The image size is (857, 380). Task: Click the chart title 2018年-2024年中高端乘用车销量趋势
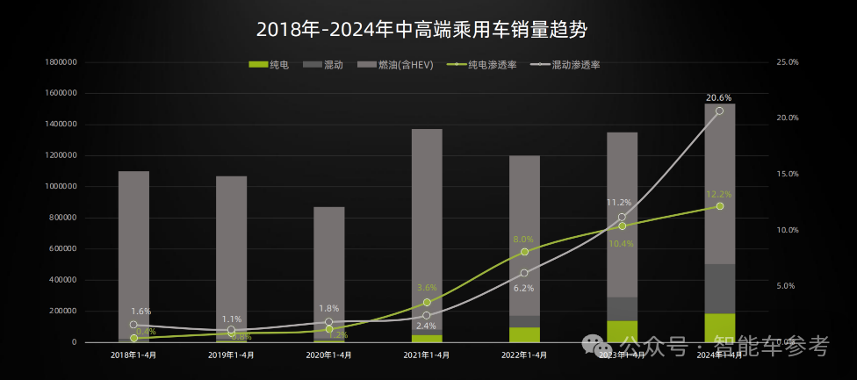(x=421, y=29)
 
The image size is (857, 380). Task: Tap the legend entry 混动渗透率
(x=575, y=65)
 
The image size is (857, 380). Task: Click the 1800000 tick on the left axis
(x=61, y=62)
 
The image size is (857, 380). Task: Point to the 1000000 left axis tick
(x=61, y=187)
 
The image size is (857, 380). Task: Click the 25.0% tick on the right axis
(x=787, y=62)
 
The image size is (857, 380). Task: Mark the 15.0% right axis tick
(x=787, y=174)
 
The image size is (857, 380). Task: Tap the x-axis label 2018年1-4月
(x=133, y=355)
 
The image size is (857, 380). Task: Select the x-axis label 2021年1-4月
(x=427, y=355)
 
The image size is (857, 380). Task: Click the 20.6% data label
(x=719, y=97)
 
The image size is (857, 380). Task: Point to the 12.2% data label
(x=719, y=194)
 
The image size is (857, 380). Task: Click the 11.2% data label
(x=619, y=203)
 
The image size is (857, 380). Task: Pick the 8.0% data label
(x=523, y=239)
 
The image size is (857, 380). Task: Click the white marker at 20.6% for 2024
(x=719, y=111)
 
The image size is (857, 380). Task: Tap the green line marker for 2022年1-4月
(x=524, y=252)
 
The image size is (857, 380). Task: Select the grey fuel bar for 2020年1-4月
(x=329, y=272)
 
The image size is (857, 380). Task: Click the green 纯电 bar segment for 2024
(x=719, y=327)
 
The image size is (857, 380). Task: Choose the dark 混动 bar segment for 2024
(x=719, y=289)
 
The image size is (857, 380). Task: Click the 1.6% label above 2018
(x=140, y=312)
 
